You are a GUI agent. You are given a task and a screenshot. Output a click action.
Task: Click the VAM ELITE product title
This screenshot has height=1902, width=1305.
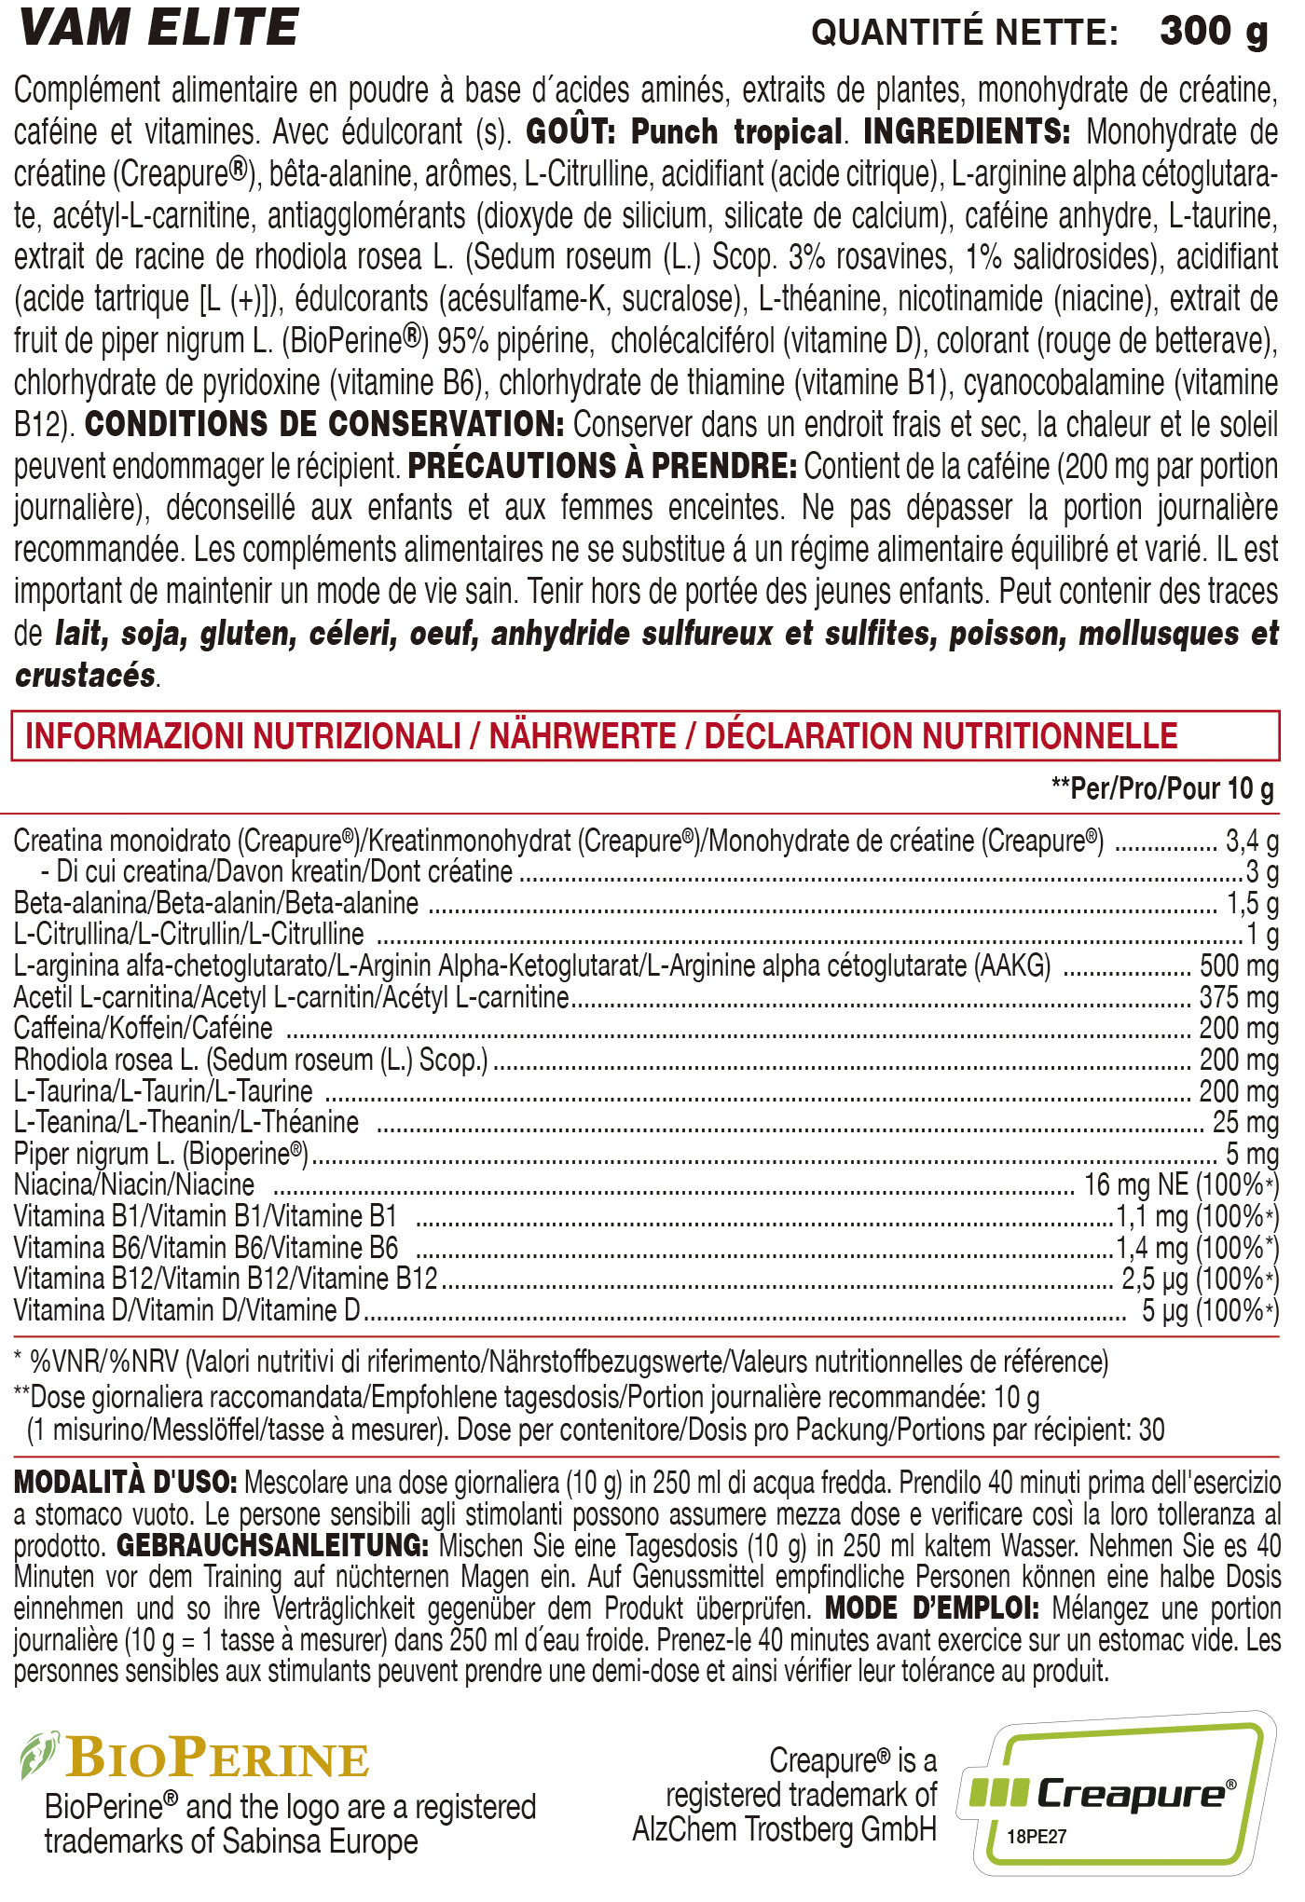coord(158,28)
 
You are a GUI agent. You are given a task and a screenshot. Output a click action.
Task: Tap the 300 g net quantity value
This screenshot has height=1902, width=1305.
coord(1214,32)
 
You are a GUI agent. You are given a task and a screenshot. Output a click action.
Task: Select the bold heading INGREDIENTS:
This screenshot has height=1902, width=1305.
coord(967,132)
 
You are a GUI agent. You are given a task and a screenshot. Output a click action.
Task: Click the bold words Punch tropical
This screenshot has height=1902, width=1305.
coord(736,132)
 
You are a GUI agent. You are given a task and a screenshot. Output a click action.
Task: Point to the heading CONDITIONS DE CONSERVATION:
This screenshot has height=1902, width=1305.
coord(324,425)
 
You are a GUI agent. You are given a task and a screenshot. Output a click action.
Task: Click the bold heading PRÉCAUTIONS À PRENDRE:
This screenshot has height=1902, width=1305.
coord(602,466)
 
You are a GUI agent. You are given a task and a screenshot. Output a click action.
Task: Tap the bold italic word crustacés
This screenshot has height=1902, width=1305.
coord(86,676)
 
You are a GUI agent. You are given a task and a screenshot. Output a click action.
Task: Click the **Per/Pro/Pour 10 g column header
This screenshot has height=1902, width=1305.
coord(1162,789)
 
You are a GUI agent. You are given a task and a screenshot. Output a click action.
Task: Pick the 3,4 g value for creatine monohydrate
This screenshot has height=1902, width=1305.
coord(1252,842)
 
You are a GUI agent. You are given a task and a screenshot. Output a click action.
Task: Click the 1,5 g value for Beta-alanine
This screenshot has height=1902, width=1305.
coord(1252,903)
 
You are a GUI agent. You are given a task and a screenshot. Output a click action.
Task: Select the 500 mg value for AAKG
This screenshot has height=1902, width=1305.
coord(1239,966)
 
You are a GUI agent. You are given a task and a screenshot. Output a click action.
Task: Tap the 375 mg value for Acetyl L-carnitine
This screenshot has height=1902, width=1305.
coord(1239,997)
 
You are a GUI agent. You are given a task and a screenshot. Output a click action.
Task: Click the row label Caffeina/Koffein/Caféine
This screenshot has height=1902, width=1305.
coord(144,1029)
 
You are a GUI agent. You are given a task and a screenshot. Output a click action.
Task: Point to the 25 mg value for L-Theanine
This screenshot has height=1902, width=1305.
coord(1245,1123)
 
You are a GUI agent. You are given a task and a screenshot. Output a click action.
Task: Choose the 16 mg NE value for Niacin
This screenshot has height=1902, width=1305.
coord(1135,1185)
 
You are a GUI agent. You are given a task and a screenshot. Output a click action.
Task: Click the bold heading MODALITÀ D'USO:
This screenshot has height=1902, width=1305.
coord(126,1483)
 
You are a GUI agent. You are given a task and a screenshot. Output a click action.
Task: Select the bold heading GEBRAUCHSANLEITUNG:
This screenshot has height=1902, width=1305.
coord(272,1546)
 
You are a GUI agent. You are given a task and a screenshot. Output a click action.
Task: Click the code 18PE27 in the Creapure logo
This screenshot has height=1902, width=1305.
coord(1037,1837)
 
